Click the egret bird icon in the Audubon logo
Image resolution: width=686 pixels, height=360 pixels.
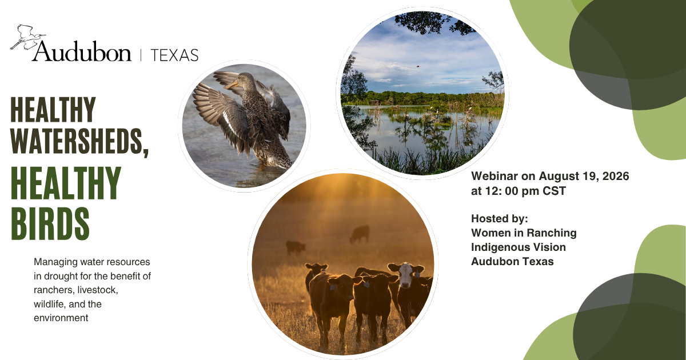click(27, 37)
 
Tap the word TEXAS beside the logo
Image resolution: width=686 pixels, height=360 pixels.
click(174, 55)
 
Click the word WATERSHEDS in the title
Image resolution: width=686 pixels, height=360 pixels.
click(77, 141)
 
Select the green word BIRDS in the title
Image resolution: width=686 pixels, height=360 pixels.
click(50, 224)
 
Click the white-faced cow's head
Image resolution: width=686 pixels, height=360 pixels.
click(406, 274)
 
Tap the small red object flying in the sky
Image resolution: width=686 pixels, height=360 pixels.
click(418, 66)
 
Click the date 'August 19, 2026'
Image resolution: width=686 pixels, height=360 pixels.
click(584, 177)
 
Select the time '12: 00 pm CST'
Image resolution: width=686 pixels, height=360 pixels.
click(525, 191)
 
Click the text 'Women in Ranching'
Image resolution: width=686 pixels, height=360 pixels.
click(524, 233)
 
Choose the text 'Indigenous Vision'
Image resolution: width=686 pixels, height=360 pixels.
click(518, 247)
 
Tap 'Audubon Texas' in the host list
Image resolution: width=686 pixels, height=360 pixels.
click(512, 262)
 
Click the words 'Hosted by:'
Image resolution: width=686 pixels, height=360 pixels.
click(500, 218)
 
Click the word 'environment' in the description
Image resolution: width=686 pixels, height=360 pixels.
click(61, 318)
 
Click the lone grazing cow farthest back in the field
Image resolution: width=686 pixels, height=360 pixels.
click(360, 234)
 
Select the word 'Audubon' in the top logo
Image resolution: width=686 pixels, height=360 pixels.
click(82, 51)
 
